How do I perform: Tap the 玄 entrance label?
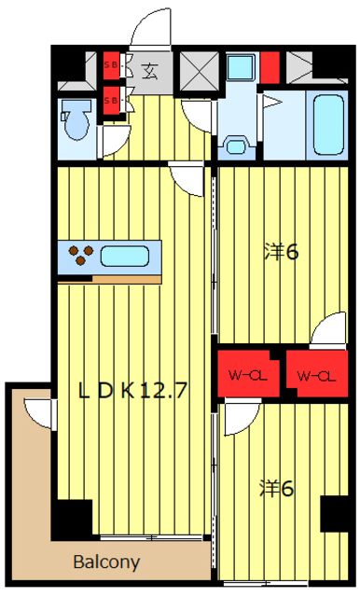(x=149, y=67)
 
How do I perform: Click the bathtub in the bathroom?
(x=329, y=124)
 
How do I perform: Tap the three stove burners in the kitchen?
(x=81, y=255)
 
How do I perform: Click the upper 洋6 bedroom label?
(x=280, y=251)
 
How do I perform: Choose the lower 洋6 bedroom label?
(x=278, y=487)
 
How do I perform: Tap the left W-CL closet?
(x=249, y=375)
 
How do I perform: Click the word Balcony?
(x=108, y=562)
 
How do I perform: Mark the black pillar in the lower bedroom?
(x=333, y=514)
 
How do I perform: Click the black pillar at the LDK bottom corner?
(x=73, y=518)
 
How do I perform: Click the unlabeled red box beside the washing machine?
(x=270, y=67)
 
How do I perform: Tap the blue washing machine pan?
(x=241, y=67)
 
